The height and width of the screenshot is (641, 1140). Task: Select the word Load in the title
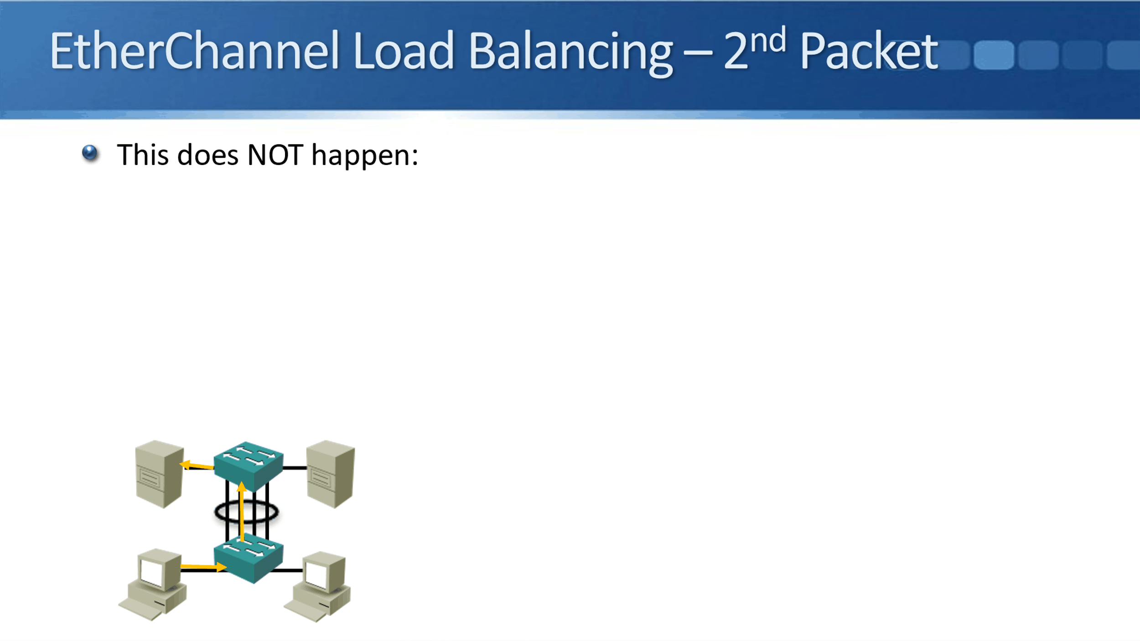404,51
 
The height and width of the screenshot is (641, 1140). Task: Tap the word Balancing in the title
570,53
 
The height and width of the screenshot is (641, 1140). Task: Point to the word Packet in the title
869,51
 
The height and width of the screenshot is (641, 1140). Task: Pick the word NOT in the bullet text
275,155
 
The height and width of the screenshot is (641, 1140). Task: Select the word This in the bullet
143,155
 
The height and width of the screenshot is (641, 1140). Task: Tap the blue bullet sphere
90,153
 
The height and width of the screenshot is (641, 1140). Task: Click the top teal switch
249,466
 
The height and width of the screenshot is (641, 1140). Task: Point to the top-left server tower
160,474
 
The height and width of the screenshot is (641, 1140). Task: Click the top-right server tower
331,474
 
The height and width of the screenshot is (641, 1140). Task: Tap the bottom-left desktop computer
153,584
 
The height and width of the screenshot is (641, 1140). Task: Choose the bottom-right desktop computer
317,586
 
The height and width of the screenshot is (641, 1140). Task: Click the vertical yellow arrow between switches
242,512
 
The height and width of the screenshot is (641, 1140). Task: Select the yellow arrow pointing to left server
197,465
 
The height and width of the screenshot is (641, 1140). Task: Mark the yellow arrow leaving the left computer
204,567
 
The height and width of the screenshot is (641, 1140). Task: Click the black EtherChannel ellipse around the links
246,512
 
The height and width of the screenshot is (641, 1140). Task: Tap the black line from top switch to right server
295,468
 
